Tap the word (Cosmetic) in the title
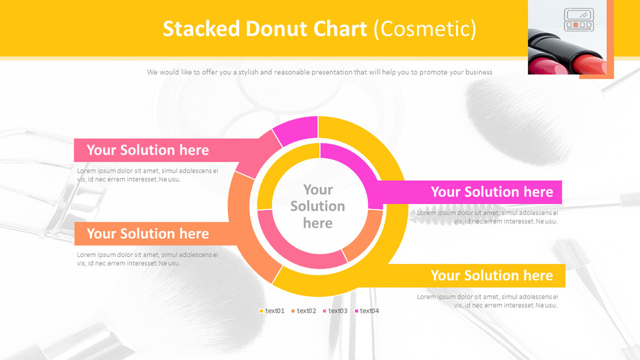point(425,28)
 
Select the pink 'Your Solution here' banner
point(148,150)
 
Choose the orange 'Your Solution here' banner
point(148,234)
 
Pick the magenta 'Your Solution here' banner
point(491,192)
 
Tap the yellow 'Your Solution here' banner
point(491,276)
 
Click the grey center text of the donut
point(317,206)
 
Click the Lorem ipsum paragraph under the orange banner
point(148,259)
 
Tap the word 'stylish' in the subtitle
point(248,73)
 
